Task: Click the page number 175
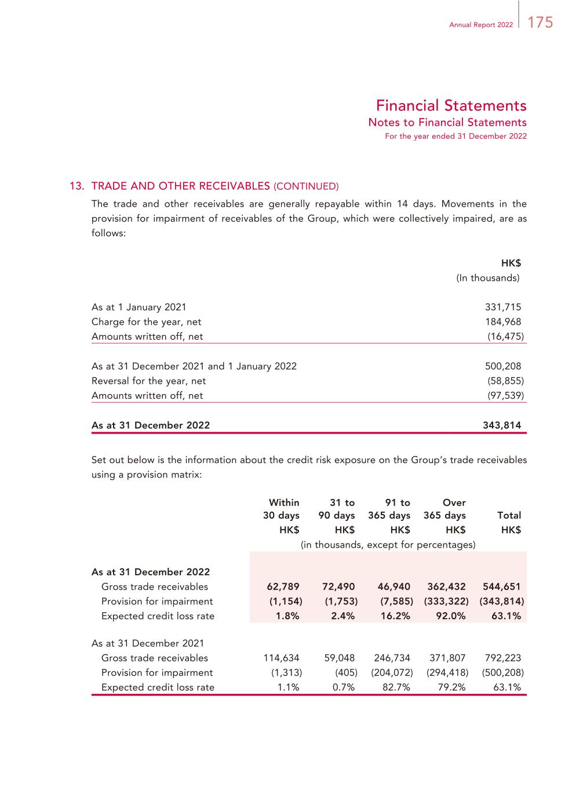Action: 540,23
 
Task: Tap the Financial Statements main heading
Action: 451,105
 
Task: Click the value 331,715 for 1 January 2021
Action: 502,307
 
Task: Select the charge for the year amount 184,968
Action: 502,322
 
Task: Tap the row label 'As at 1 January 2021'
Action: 139,307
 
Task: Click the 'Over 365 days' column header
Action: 445,509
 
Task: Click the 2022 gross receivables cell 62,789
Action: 283,586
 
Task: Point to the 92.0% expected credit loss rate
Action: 450,616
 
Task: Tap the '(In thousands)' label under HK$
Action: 487,278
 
